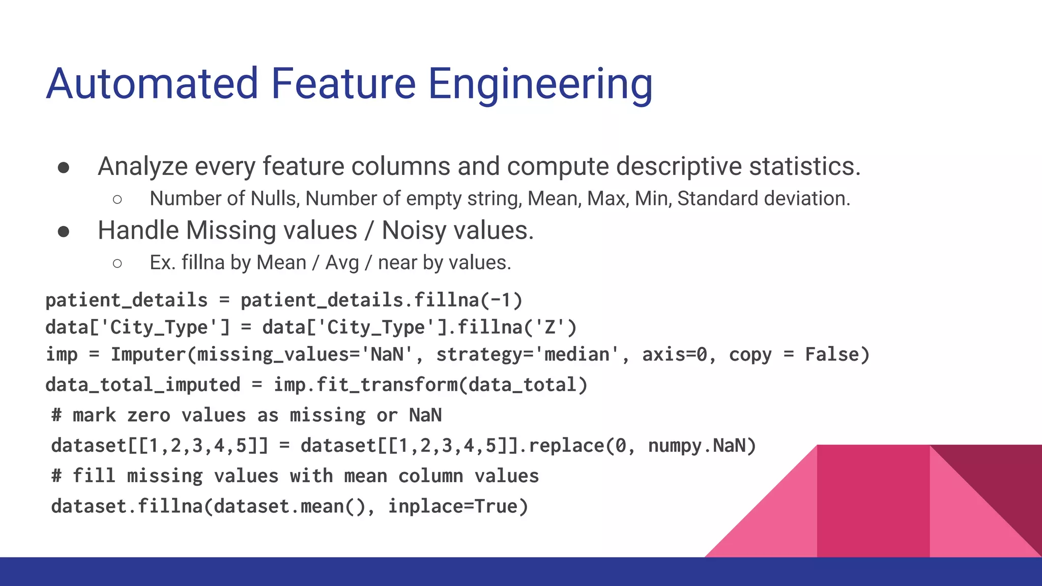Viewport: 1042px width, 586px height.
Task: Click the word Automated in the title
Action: point(153,84)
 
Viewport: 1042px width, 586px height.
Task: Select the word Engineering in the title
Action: point(540,85)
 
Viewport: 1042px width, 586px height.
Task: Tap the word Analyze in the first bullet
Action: point(142,167)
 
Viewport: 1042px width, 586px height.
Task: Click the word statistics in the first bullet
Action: point(804,167)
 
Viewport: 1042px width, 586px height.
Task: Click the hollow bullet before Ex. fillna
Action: point(118,263)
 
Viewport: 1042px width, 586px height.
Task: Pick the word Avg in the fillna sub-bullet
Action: point(342,263)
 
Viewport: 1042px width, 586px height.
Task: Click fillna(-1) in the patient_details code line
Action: point(468,300)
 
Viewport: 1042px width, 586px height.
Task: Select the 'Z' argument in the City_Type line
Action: point(549,327)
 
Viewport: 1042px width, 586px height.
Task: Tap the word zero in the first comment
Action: point(148,416)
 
